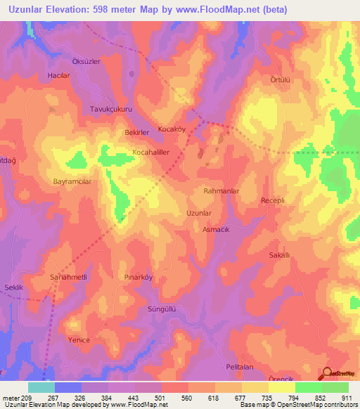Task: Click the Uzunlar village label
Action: click(x=198, y=212)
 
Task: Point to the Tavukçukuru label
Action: click(x=110, y=109)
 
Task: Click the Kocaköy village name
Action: click(x=171, y=130)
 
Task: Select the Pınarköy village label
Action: click(x=138, y=277)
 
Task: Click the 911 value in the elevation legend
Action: click(x=347, y=398)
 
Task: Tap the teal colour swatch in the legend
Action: click(x=41, y=387)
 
